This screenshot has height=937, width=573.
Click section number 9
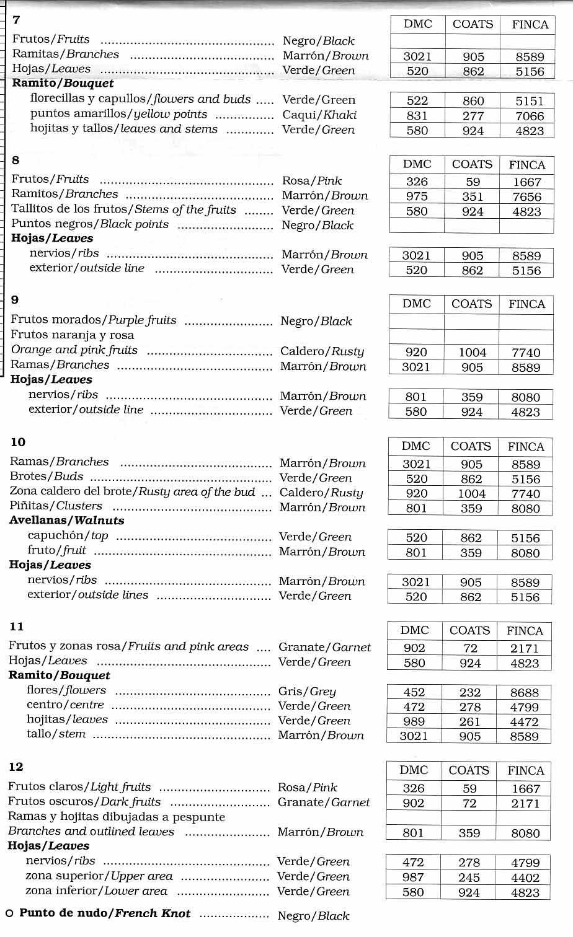pyautogui.click(x=15, y=300)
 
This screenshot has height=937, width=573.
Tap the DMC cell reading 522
pyautogui.click(x=417, y=101)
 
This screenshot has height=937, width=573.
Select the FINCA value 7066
pyautogui.click(x=530, y=116)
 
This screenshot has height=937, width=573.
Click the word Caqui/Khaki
pyautogui.click(x=319, y=115)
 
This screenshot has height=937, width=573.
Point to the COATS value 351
pyautogui.click(x=472, y=196)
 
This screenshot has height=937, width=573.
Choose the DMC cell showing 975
pyautogui.click(x=417, y=196)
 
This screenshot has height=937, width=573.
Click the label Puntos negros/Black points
pyautogui.click(x=90, y=224)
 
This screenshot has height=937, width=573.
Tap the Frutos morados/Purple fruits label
pyautogui.click(x=94, y=320)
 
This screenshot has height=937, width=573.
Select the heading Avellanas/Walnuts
pyautogui.click(x=67, y=521)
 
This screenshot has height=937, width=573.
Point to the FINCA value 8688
pyautogui.click(x=525, y=693)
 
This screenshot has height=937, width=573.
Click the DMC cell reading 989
pyautogui.click(x=414, y=722)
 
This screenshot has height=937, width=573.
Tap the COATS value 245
pyautogui.click(x=469, y=878)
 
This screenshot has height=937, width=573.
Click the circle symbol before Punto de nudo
pyautogui.click(x=9, y=914)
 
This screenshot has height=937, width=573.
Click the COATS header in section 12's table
pyautogui.click(x=469, y=770)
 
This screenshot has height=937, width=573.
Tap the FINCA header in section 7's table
pyautogui.click(x=530, y=25)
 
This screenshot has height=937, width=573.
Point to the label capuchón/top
pyautogui.click(x=68, y=535)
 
